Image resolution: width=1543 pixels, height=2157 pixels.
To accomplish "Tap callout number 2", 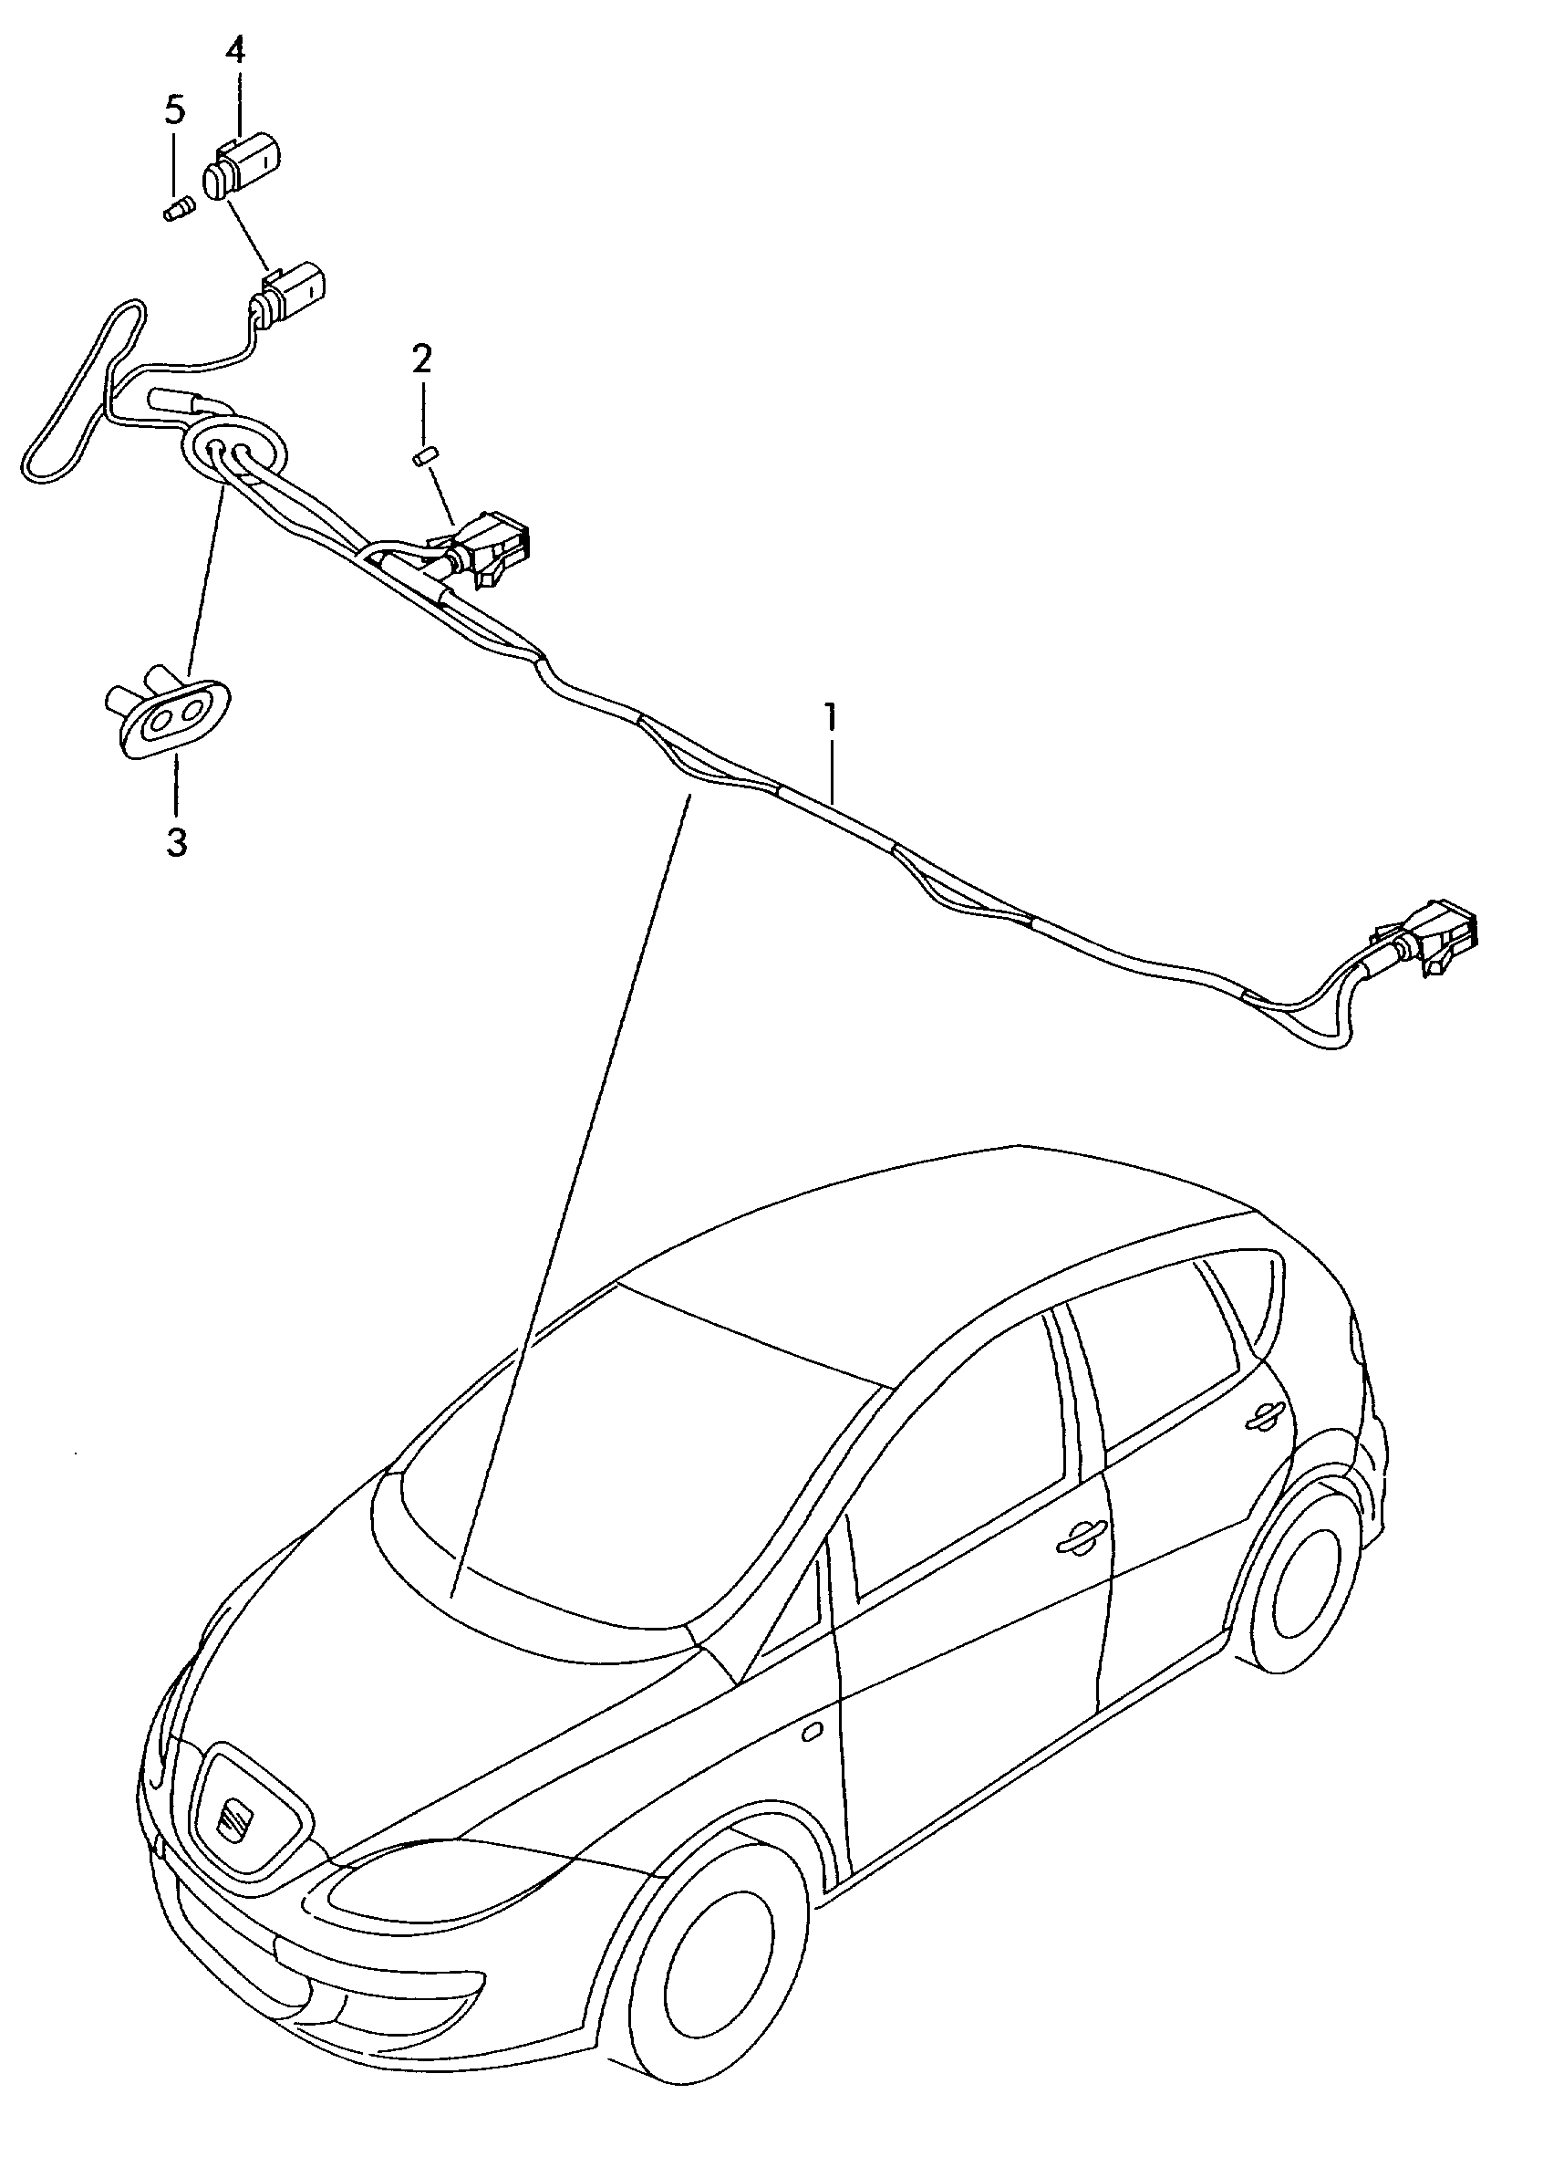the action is (422, 359).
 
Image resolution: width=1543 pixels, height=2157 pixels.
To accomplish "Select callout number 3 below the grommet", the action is (177, 842).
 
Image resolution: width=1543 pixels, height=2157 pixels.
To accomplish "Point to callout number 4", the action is (234, 49).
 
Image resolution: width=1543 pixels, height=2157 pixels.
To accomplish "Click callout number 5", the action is (174, 110).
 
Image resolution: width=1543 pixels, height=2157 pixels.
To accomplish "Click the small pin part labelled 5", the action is (176, 208).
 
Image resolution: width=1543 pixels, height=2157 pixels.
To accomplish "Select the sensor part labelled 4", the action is (244, 167).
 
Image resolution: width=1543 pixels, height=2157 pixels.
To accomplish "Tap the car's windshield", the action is (608, 1483).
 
